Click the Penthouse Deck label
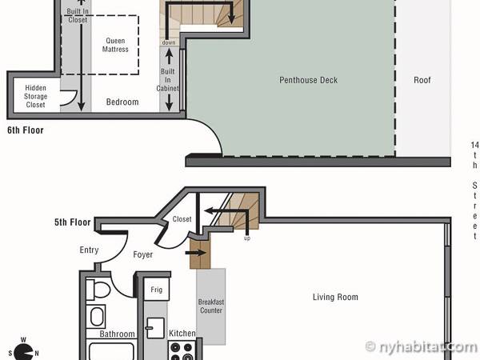308,80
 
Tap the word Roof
422,80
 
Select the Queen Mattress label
115,45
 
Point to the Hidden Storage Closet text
36,97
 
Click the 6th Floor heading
26,130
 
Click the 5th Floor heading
73,222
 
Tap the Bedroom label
122,102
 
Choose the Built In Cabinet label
168,80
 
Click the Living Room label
335,297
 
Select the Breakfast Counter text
211,306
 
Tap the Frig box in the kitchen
157,290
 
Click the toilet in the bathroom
98,290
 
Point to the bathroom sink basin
97,317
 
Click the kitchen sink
155,328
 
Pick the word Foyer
143,254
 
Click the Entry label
89,250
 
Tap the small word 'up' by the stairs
247,238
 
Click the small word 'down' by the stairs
169,42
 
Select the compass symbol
23,351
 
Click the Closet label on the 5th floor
182,219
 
